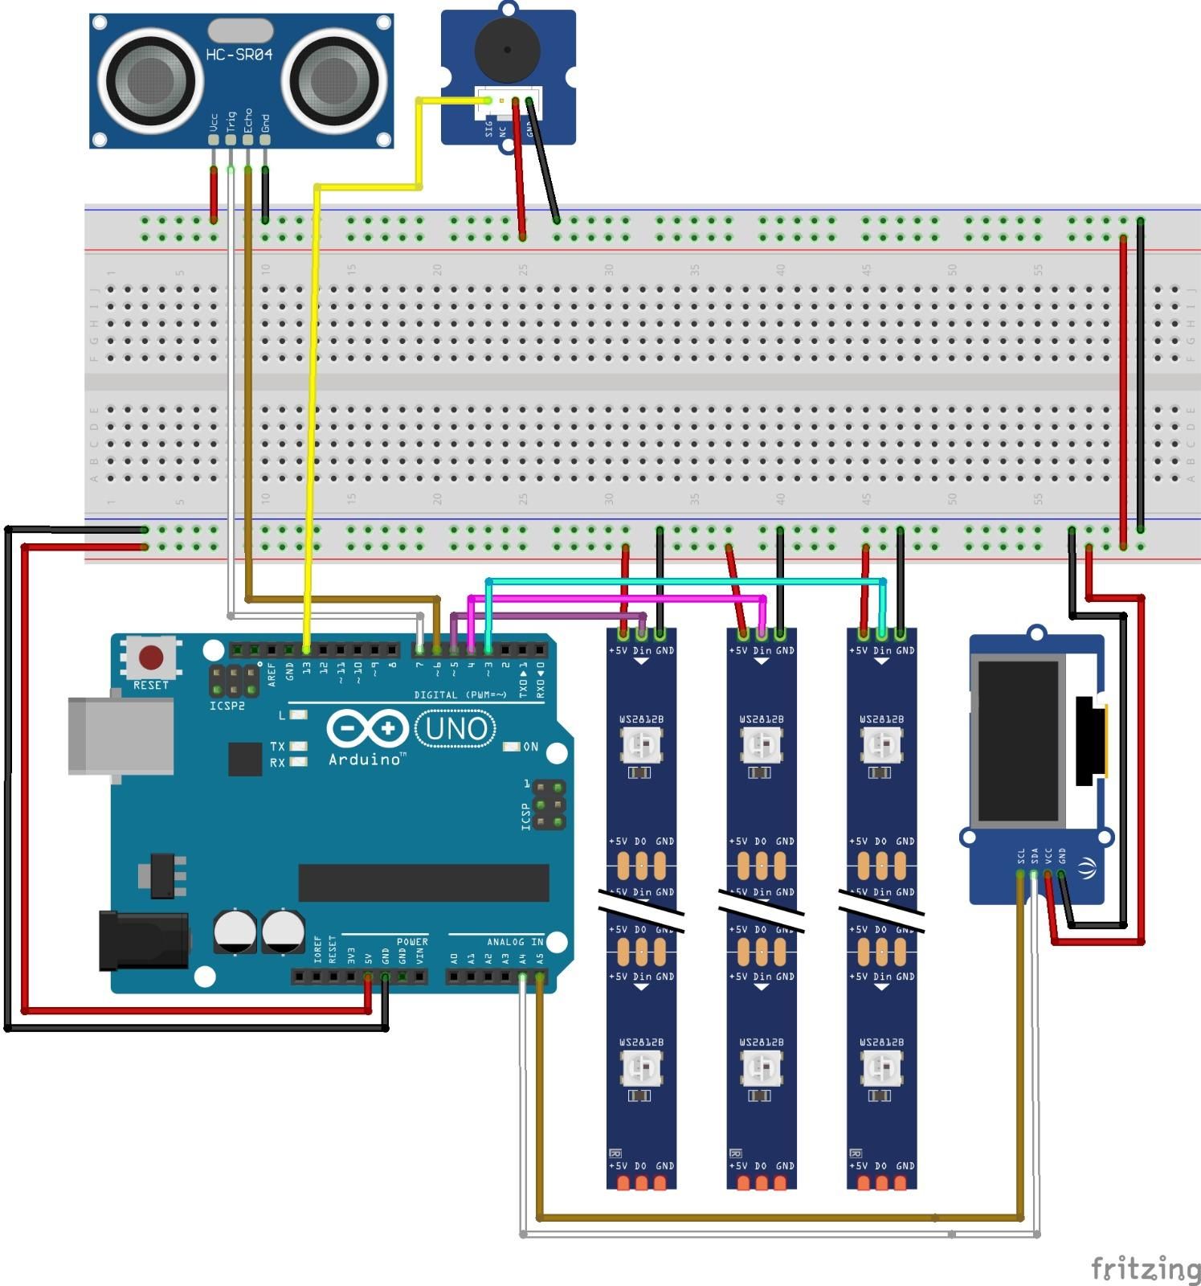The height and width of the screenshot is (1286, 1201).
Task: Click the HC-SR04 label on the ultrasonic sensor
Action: click(239, 55)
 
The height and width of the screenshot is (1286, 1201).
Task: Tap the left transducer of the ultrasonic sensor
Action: click(149, 80)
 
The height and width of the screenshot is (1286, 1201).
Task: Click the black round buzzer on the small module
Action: click(508, 49)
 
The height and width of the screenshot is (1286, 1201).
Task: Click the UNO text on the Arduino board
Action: click(455, 729)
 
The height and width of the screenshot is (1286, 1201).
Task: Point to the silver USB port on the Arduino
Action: click(121, 735)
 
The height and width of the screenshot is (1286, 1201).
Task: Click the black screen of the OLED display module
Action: click(1018, 741)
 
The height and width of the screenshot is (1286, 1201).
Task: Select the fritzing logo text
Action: click(1146, 1268)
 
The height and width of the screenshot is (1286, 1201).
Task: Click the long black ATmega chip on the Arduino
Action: click(423, 883)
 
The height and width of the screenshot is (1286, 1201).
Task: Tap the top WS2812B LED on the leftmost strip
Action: click(641, 745)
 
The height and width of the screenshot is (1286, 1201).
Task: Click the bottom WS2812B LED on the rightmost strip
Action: click(881, 1068)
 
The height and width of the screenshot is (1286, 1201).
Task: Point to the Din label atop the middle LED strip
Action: click(762, 650)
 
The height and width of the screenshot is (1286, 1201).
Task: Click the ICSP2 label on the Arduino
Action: click(227, 706)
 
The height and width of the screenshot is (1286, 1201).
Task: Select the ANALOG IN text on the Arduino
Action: click(514, 941)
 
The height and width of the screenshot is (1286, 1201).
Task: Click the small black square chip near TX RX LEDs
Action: click(245, 759)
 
